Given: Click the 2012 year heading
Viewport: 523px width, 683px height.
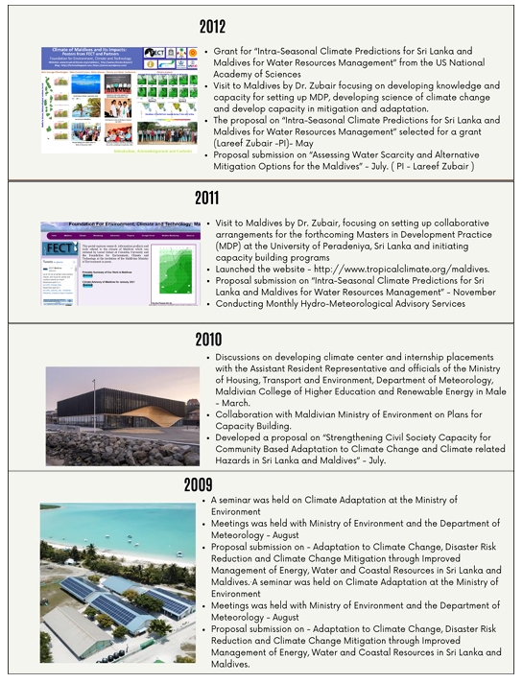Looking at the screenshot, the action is coord(262,27).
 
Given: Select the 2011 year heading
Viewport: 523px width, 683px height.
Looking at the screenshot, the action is coord(261,199).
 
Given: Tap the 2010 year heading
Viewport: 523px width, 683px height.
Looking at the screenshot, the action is coord(261,340).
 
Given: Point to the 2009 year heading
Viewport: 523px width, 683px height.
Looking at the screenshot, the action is coord(261,483).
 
